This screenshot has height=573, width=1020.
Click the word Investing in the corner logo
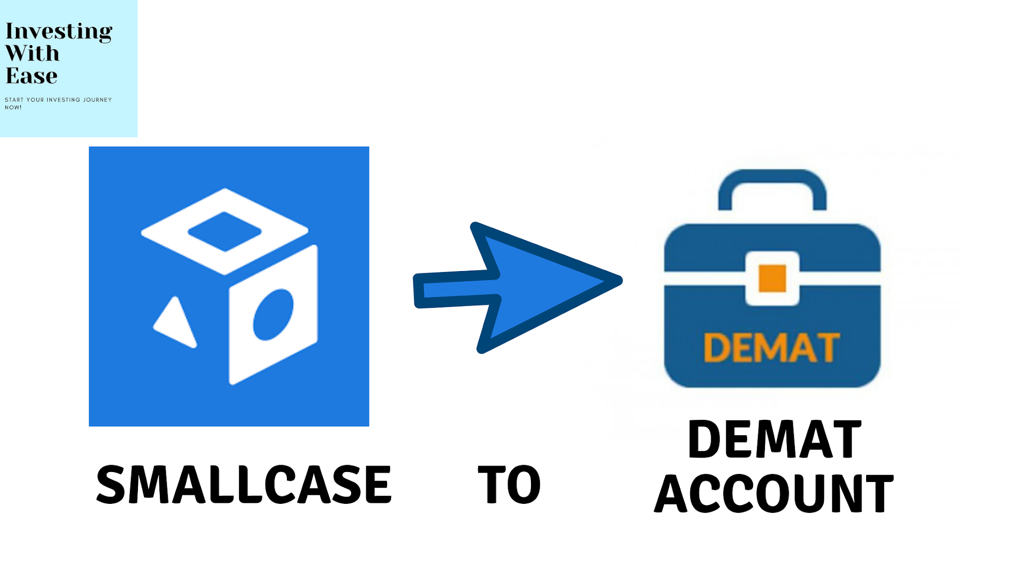pos(59,32)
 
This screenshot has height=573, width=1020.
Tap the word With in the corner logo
pos(32,53)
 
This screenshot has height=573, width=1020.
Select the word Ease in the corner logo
pos(31,76)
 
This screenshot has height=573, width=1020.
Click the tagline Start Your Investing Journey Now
pos(58,103)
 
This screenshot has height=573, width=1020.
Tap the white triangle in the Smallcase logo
pos(175,323)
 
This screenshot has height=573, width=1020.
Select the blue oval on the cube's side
pos(273,315)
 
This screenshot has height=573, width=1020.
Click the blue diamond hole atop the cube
pos(224,231)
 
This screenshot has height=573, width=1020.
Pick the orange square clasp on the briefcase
pos(772,279)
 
